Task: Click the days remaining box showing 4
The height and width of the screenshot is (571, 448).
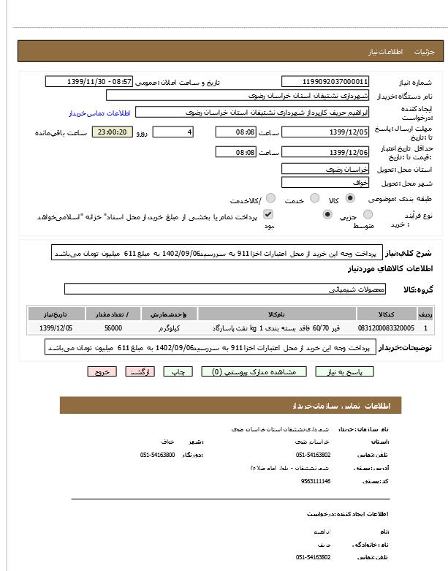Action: (x=172, y=132)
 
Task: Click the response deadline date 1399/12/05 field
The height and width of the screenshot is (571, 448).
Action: (x=326, y=132)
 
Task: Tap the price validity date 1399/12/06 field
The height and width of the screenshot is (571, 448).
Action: (x=326, y=152)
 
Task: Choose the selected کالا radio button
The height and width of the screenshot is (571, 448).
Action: (x=350, y=198)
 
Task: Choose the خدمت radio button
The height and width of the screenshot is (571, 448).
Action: (x=314, y=198)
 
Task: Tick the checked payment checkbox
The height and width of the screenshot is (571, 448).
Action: (x=268, y=214)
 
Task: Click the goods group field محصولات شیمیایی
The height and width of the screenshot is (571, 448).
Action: (x=220, y=289)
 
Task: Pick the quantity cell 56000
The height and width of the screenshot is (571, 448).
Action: (x=113, y=328)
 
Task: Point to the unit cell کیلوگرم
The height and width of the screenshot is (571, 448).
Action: (x=168, y=328)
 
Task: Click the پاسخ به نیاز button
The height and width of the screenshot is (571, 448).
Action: (x=344, y=372)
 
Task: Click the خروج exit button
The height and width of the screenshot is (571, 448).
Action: (x=102, y=372)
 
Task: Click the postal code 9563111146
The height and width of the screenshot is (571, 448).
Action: (x=316, y=481)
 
